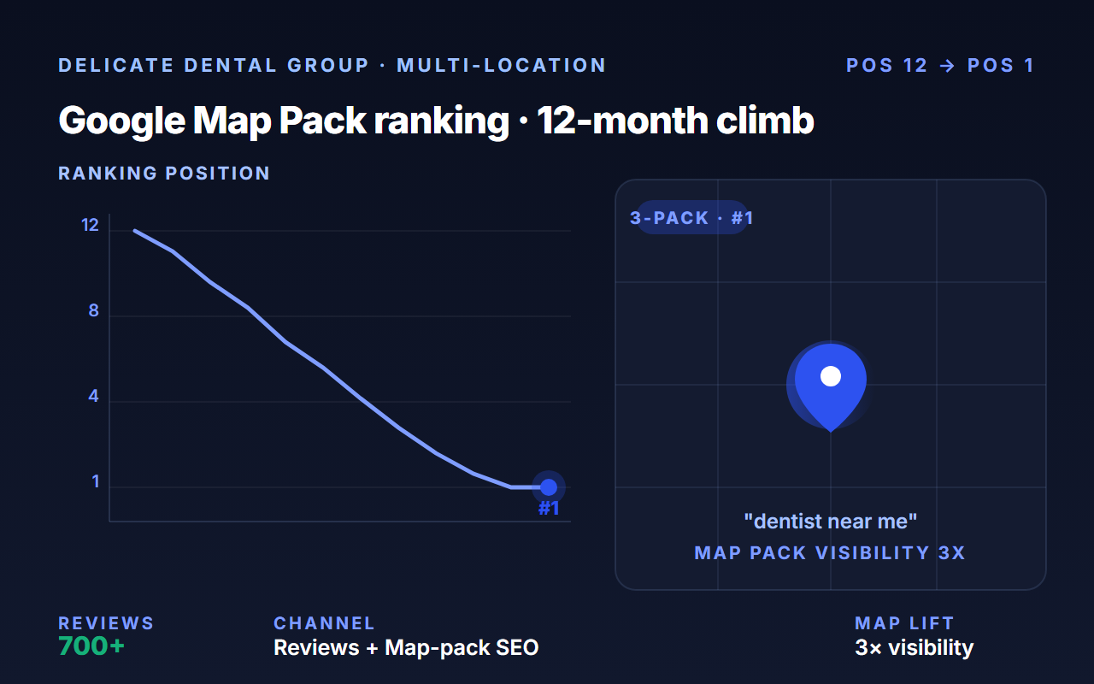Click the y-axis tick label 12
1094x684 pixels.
[x=90, y=225]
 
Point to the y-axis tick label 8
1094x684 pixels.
[x=94, y=310]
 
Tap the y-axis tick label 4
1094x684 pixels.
[x=93, y=396]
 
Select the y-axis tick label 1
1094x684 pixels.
[x=96, y=481]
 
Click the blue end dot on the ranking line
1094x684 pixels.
[x=549, y=487]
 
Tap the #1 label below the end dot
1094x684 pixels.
[x=549, y=509]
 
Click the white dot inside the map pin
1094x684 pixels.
[x=831, y=376]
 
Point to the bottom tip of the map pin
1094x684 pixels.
[x=831, y=432]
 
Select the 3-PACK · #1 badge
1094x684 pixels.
[x=691, y=217]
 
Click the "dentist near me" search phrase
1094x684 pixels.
[x=830, y=522]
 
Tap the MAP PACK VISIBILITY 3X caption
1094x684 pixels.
[x=830, y=553]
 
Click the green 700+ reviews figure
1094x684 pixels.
[x=91, y=646]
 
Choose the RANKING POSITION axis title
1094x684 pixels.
[x=164, y=174]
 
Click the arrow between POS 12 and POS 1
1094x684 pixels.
[x=947, y=66]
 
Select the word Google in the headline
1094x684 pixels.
[x=122, y=121]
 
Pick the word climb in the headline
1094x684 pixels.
[x=765, y=121]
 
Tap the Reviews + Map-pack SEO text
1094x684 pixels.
[x=406, y=648]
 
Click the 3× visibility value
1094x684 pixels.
[x=915, y=648]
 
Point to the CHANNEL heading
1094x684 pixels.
[x=324, y=623]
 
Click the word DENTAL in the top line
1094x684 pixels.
[x=231, y=66]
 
